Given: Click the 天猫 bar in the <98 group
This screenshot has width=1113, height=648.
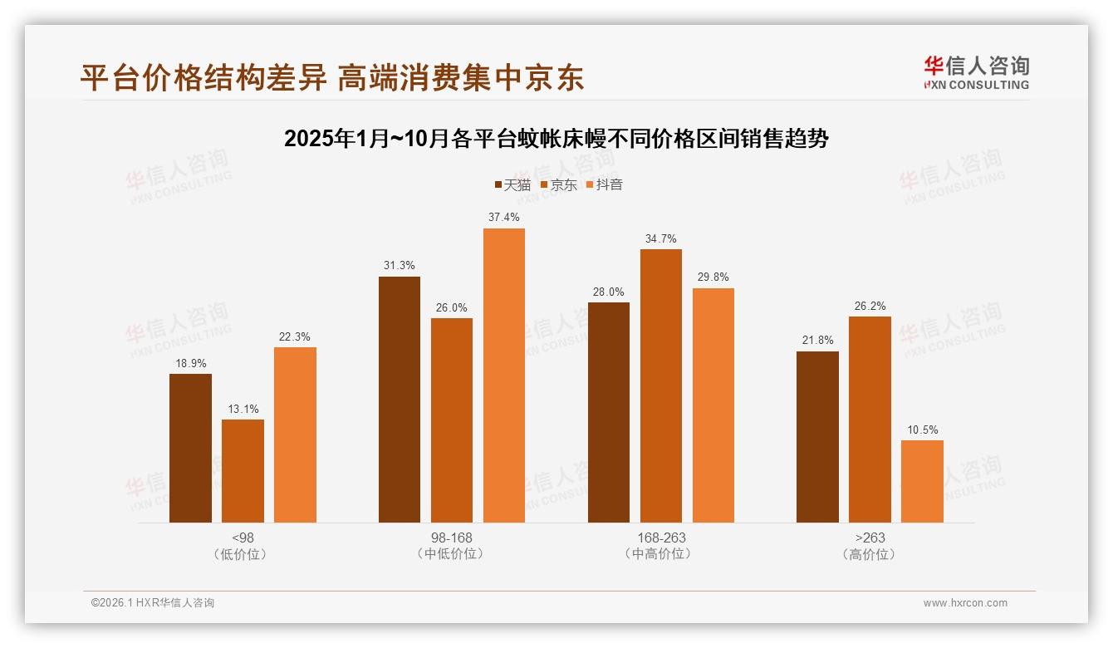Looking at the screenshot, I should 190,449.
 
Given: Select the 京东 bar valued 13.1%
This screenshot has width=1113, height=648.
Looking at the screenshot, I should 243,471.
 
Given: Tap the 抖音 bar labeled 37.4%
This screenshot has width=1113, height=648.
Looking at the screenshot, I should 504,376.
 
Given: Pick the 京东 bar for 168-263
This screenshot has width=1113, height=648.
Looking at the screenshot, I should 661,386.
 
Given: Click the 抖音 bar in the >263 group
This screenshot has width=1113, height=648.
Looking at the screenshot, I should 922,482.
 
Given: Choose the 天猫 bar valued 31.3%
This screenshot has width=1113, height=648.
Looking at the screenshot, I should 400,400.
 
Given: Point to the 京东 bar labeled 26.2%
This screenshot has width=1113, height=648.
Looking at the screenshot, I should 870,420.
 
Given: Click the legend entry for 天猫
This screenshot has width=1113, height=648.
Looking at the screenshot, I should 512,184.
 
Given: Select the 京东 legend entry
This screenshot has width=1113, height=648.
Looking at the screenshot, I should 558,184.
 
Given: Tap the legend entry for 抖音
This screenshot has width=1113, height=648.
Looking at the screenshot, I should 605,184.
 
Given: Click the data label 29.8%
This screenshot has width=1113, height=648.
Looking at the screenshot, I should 713,277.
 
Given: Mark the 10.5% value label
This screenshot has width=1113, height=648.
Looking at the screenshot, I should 922,430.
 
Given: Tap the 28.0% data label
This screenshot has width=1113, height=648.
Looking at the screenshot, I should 609,292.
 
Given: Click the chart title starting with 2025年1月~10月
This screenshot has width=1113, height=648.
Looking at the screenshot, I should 556,139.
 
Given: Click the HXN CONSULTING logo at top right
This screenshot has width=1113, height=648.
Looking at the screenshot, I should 976,73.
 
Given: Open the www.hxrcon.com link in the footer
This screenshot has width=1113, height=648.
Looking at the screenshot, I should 965,603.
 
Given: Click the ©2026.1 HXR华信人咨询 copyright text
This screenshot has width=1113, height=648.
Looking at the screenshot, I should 153,603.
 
